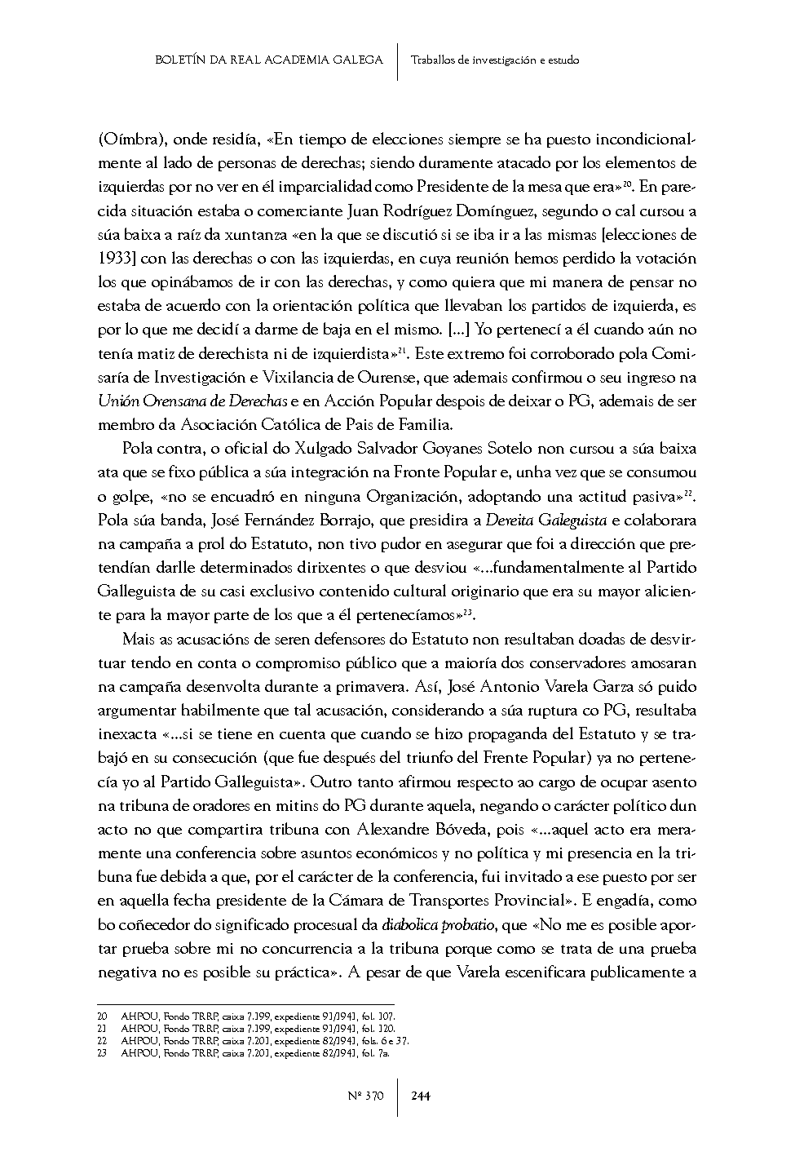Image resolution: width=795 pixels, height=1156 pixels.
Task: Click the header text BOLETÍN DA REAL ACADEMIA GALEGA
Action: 268,60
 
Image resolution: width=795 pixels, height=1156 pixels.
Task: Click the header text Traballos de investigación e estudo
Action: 495,60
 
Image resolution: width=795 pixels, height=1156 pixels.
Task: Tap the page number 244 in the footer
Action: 421,1096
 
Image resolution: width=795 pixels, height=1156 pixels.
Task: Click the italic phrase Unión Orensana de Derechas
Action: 192,401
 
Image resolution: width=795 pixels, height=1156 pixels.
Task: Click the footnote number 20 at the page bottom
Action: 102,1017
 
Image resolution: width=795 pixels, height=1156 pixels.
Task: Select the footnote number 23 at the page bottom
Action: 102,1052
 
